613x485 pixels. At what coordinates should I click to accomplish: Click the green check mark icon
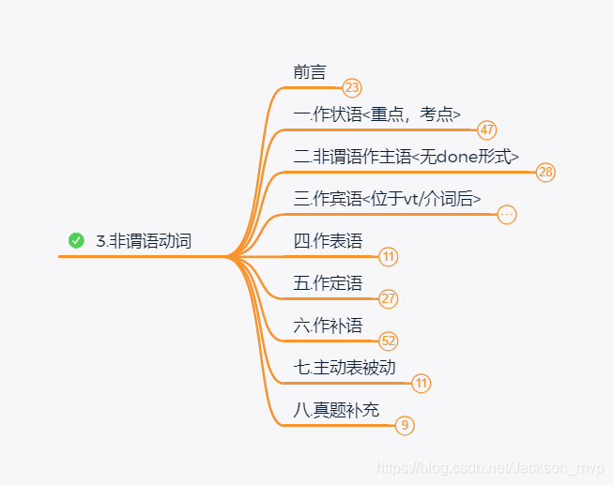(76, 241)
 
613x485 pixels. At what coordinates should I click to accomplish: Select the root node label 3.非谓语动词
(143, 241)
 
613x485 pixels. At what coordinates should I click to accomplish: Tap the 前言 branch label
(310, 72)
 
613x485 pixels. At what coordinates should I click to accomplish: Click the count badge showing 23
(352, 88)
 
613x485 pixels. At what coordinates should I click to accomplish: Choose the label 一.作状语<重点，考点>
(376, 114)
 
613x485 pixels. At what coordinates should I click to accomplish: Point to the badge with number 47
(486, 130)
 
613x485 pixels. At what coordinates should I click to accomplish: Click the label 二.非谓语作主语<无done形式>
(406, 157)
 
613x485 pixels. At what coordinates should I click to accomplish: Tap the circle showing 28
(545, 173)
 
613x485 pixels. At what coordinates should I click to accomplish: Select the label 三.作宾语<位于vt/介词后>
(387, 198)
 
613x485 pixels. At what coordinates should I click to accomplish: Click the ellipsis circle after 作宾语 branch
(507, 215)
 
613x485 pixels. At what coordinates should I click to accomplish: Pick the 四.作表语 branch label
(328, 240)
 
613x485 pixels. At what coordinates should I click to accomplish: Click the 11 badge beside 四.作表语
(389, 257)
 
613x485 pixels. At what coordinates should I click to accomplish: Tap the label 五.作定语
(328, 282)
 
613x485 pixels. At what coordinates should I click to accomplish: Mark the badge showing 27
(389, 299)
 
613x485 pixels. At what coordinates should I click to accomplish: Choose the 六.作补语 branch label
(328, 325)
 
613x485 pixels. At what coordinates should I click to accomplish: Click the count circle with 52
(389, 341)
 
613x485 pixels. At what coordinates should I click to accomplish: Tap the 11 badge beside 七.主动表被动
(421, 384)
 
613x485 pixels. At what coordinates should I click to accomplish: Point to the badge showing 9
(405, 426)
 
